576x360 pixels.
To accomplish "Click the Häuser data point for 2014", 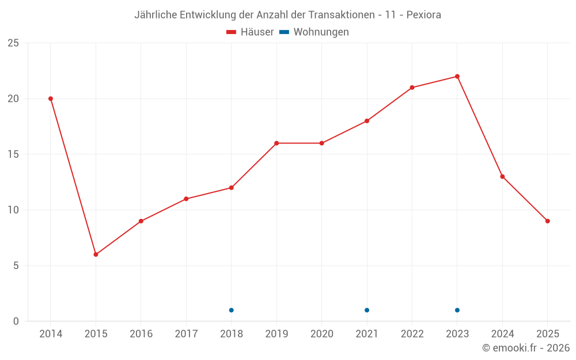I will click(x=51, y=98).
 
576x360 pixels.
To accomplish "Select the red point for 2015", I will click(x=96, y=255).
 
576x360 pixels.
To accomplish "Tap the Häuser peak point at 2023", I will click(x=457, y=77).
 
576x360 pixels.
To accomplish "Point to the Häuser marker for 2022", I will click(x=412, y=88).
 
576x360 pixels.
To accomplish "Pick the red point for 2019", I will click(x=276, y=143).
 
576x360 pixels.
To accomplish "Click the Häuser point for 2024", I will click(x=502, y=177).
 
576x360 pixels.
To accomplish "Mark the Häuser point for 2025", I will click(x=548, y=221).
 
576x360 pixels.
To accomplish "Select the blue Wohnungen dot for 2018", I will click(x=231, y=310).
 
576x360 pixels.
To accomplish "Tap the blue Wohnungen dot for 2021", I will click(x=367, y=310).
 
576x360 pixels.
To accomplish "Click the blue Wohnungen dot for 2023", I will click(x=457, y=310).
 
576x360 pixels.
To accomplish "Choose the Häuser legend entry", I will click(x=250, y=32).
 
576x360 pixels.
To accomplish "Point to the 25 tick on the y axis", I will click(x=13, y=43).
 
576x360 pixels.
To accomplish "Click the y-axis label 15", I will click(x=13, y=154).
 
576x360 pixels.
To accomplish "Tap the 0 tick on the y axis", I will click(x=16, y=321).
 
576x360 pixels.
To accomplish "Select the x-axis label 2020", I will click(x=322, y=334).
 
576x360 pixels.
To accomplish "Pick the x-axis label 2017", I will click(x=186, y=334).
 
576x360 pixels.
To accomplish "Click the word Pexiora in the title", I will click(x=424, y=15).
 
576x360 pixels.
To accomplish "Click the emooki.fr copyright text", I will click(x=526, y=348).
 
